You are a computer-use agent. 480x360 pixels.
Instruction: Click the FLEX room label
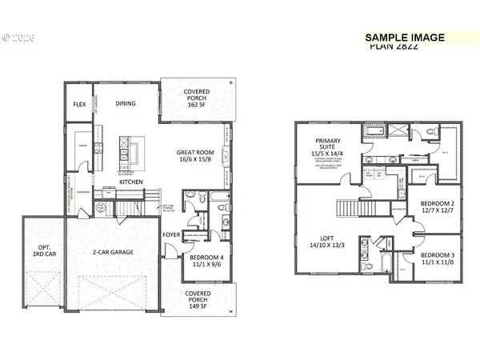[79, 105]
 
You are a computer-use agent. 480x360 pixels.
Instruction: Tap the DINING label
[126, 103]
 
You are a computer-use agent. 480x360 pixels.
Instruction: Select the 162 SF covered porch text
[197, 104]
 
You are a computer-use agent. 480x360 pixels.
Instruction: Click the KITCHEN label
[131, 182]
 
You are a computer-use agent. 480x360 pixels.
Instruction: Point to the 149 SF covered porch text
[197, 306]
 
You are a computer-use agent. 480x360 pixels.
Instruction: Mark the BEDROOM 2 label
[438, 203]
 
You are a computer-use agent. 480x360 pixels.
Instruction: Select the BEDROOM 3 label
[438, 255]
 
